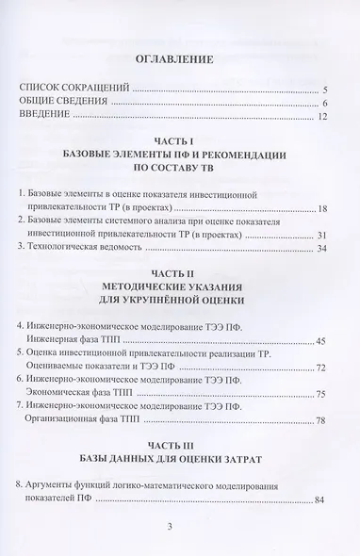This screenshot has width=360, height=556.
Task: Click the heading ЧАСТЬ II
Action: (180, 280)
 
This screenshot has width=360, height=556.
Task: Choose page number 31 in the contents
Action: (321, 235)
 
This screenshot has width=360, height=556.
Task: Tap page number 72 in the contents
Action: (321, 367)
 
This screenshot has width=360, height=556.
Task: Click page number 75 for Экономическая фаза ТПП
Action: (321, 395)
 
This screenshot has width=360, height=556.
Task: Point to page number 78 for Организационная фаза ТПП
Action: (321, 422)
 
